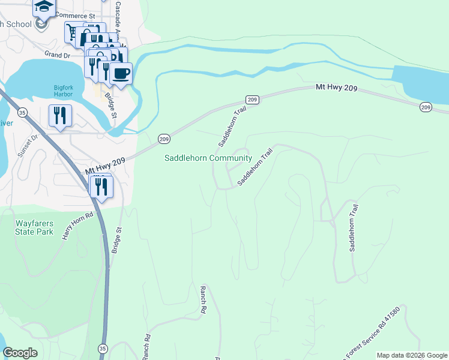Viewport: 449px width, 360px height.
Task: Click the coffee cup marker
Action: click(x=121, y=73)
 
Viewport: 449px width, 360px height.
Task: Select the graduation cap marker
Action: click(x=43, y=6)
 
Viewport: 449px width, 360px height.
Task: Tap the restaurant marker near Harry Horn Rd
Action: click(x=101, y=186)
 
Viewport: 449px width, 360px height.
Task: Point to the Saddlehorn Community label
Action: click(x=208, y=158)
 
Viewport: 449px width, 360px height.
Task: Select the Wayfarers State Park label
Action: click(x=34, y=228)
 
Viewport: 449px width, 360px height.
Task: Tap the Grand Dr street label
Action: click(x=57, y=55)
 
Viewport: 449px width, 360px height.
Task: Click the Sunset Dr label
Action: click(x=28, y=145)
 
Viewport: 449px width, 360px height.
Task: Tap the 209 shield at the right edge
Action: click(x=426, y=107)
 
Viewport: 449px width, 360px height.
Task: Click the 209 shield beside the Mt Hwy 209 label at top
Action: click(x=253, y=99)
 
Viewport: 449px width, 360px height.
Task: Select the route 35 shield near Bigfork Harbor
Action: click(x=22, y=112)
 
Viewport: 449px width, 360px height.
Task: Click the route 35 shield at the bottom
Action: click(x=103, y=348)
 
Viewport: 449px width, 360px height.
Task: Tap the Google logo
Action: click(x=20, y=353)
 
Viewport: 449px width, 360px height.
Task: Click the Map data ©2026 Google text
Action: click(x=411, y=355)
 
